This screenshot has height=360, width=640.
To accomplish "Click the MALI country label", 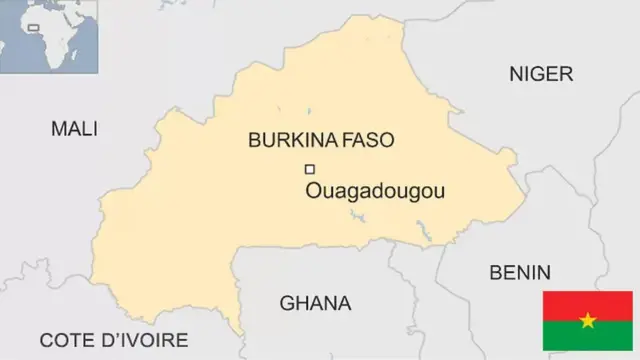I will (x=74, y=129).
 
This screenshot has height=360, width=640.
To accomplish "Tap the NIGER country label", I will (x=541, y=73).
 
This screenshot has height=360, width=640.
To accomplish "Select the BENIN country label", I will (x=519, y=272).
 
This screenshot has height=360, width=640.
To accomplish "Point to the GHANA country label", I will (x=315, y=303).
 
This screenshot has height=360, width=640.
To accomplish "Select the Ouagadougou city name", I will (x=375, y=191).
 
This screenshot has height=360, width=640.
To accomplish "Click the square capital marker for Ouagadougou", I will (x=309, y=169).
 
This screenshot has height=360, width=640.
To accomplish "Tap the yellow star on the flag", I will (x=587, y=321).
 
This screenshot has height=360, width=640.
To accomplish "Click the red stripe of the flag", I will (x=587, y=305).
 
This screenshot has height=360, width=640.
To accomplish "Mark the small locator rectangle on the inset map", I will (x=33, y=27).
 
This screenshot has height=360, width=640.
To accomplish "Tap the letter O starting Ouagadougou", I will (x=313, y=191).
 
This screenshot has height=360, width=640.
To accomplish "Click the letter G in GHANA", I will (x=286, y=303).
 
